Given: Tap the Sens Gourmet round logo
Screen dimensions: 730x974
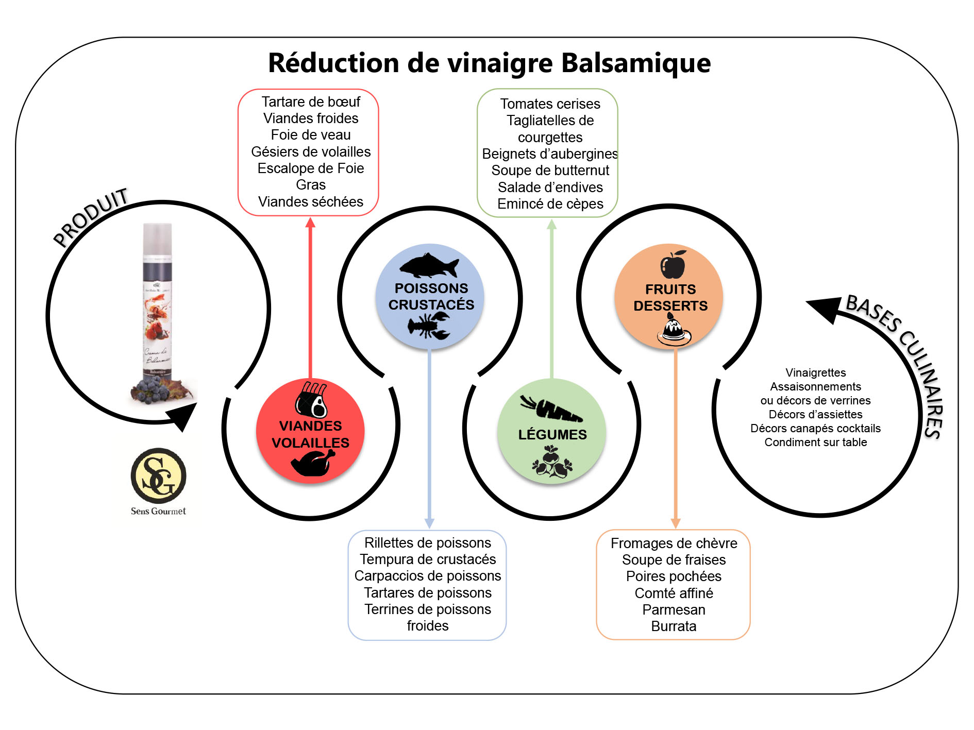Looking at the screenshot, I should click(x=158, y=476).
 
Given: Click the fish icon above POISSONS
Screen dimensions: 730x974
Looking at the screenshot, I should click(x=429, y=266).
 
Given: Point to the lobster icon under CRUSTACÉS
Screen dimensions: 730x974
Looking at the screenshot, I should click(x=429, y=326).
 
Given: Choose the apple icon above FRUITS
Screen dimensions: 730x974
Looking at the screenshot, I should click(x=673, y=265).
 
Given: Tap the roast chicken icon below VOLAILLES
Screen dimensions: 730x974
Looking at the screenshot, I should click(x=312, y=462).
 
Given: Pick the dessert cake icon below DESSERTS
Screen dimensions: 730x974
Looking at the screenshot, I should click(x=673, y=331).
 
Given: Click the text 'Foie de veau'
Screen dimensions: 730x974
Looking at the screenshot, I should click(x=311, y=135).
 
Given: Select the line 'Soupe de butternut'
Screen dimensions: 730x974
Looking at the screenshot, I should click(x=550, y=171).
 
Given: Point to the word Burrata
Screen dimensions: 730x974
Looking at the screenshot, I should click(x=674, y=626).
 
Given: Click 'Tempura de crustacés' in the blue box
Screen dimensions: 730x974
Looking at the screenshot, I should click(x=428, y=559).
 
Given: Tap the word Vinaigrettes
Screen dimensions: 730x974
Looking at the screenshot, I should click(x=815, y=372).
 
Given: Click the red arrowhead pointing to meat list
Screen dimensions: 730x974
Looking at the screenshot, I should click(x=310, y=223).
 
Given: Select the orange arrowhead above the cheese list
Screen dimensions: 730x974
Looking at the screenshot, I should click(x=676, y=523).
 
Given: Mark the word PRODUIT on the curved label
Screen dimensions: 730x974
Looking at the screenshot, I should click(x=91, y=217).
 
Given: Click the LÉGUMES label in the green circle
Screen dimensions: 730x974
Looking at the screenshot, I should click(x=552, y=435).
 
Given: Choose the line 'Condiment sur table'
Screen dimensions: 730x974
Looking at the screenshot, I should click(x=815, y=442).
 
